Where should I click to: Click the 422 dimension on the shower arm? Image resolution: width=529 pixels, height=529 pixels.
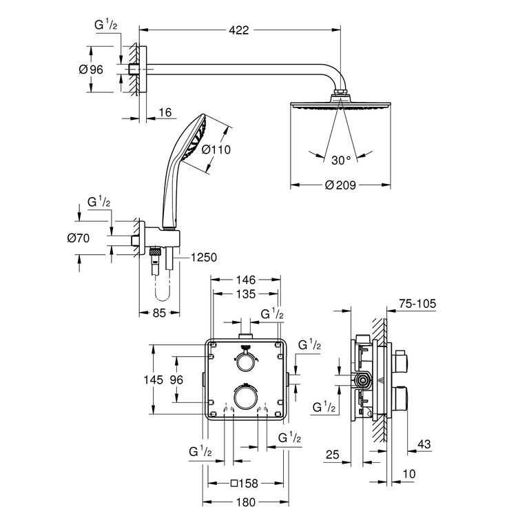tap(239, 30)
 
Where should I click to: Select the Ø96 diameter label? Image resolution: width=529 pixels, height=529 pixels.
tap(91, 70)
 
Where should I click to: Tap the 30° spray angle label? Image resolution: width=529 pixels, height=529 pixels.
tap(341, 160)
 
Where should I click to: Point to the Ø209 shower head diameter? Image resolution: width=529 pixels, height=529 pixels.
tap(340, 185)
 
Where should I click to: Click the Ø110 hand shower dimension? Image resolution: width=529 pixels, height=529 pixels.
tap(216, 149)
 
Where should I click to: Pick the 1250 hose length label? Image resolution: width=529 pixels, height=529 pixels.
tap(204, 258)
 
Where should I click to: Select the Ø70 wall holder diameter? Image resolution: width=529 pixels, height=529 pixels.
tap(79, 238)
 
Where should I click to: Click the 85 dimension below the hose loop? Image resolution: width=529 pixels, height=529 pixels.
tap(159, 313)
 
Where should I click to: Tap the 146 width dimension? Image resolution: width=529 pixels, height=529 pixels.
tap(246, 280)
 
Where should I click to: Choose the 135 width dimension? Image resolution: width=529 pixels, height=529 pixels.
tap(246, 294)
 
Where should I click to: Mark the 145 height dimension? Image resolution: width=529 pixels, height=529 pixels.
tap(154, 380)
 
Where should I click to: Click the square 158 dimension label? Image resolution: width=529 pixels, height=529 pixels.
tap(245, 484)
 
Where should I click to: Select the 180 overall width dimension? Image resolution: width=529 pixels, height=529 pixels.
tap(246, 502)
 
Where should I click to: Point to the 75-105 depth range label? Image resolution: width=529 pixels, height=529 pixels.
tap(417, 304)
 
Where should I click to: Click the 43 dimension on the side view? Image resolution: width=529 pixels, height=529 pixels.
tap(424, 444)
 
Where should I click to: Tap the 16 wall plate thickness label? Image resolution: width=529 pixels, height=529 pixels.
tap(165, 112)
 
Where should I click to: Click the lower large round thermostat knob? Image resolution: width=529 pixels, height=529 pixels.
tap(245, 397)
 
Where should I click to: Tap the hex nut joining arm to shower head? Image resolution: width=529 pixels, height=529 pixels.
tap(340, 92)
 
